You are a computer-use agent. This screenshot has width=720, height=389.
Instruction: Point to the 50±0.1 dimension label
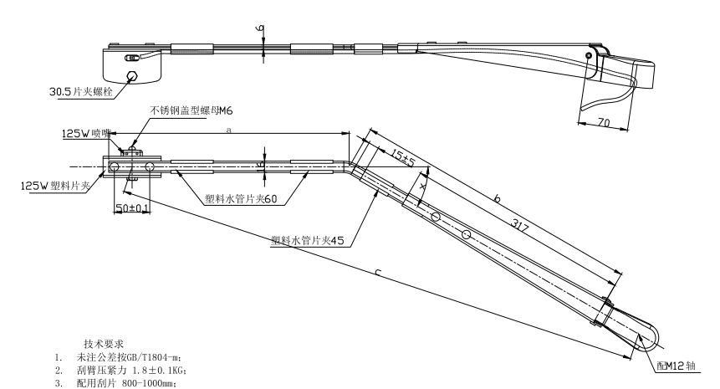[x=132, y=207]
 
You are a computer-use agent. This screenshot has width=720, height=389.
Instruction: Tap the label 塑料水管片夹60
[x=242, y=200]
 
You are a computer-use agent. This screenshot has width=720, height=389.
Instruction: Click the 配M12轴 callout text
[x=678, y=366]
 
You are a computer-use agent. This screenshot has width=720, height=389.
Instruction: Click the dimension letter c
[x=378, y=273]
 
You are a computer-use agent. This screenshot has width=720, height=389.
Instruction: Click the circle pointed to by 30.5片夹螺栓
[x=131, y=76]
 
